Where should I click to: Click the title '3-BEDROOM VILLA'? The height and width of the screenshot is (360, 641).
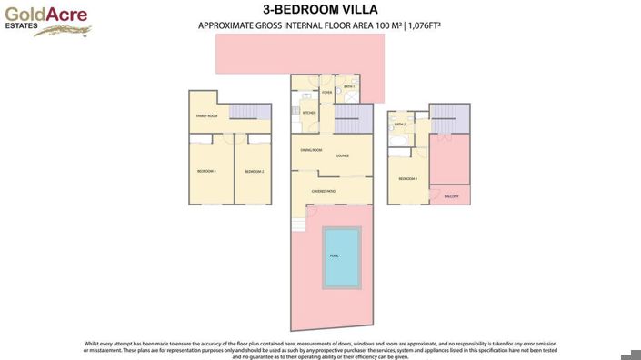[x=319, y=10]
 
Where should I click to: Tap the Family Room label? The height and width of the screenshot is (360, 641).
[x=207, y=116]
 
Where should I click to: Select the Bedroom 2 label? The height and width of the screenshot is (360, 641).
[x=254, y=171]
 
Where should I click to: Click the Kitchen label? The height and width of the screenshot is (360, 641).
[x=308, y=113]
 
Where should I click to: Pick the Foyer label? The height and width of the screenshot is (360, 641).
[x=326, y=92]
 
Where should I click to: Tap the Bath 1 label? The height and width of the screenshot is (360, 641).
[x=349, y=87]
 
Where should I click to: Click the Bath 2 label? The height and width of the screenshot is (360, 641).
[x=399, y=125]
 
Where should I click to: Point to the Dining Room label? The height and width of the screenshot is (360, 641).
[x=311, y=149]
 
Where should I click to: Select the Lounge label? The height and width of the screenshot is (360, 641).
[x=343, y=155]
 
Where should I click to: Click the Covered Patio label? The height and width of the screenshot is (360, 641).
[x=325, y=191]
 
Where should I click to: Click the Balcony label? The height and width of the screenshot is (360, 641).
[x=451, y=196]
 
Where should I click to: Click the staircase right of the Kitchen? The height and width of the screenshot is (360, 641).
[x=354, y=118]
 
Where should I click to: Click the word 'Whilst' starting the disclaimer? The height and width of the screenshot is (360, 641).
[x=92, y=343]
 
